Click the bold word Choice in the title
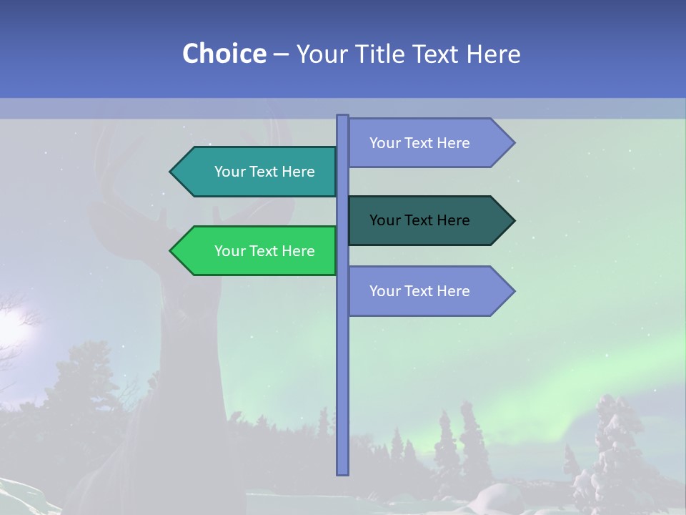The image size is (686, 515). pyautogui.click(x=224, y=54)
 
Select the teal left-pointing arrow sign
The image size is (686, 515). pyautogui.click(x=257, y=172)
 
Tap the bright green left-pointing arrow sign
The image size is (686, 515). pyautogui.click(x=257, y=251)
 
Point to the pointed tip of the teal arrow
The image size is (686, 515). pyautogui.click(x=171, y=172)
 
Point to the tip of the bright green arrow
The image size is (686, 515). pyautogui.click(x=171, y=251)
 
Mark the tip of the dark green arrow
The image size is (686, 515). pyautogui.click(x=513, y=220)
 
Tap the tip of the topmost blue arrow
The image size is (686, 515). pyautogui.click(x=513, y=143)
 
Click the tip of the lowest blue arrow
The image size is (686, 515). pyautogui.click(x=513, y=291)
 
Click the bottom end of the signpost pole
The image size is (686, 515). pyautogui.click(x=342, y=472)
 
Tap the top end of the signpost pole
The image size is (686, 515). pyautogui.click(x=342, y=117)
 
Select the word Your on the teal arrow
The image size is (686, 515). pyautogui.click(x=229, y=172)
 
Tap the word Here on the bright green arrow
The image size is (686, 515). pyautogui.click(x=299, y=251)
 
